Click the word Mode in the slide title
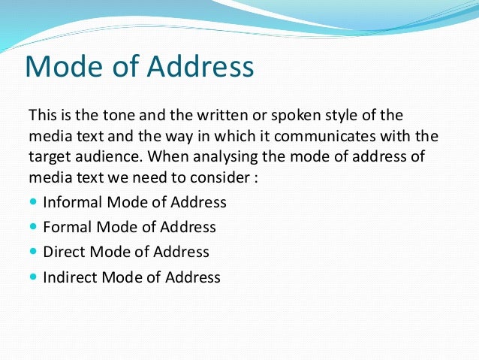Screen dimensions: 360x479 tap(65, 68)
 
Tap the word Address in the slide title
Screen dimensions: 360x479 tap(200, 68)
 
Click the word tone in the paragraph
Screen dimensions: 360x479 tap(108, 116)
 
